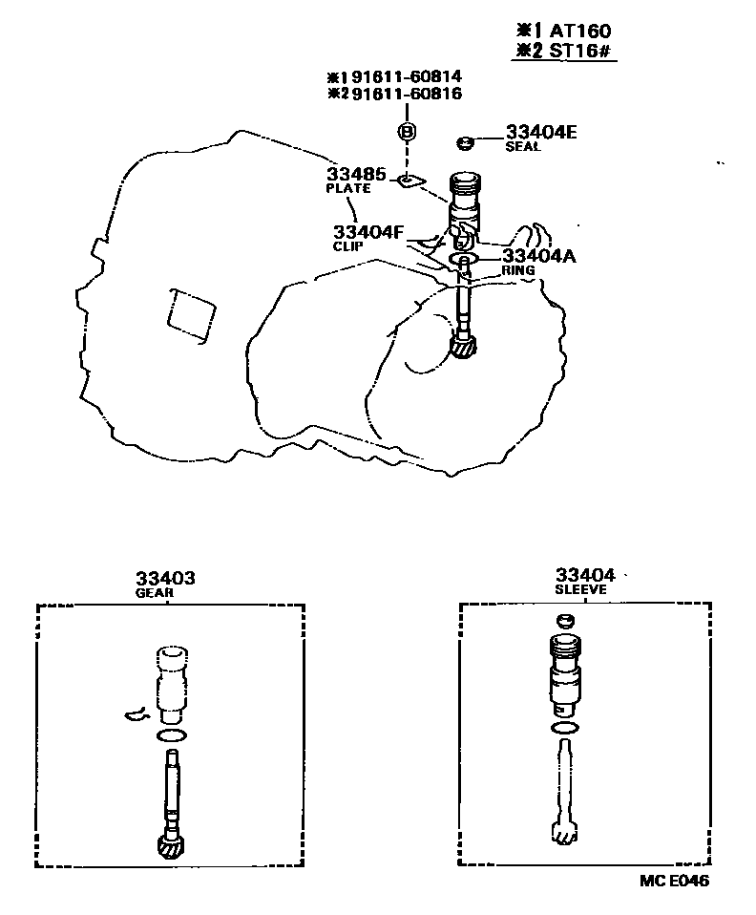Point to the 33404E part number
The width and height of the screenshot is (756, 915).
(541, 133)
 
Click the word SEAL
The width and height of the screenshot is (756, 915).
(523, 147)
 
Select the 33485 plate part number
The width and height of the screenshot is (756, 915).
(356, 175)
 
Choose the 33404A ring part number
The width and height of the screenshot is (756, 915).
(538, 256)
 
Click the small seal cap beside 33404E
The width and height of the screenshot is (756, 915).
(466, 143)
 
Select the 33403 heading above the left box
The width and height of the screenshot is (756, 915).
(165, 578)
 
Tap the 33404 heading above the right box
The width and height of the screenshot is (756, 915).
(585, 575)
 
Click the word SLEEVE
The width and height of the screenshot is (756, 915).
(580, 589)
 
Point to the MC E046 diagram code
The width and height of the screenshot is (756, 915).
(675, 882)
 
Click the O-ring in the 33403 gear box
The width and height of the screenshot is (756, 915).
(171, 734)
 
